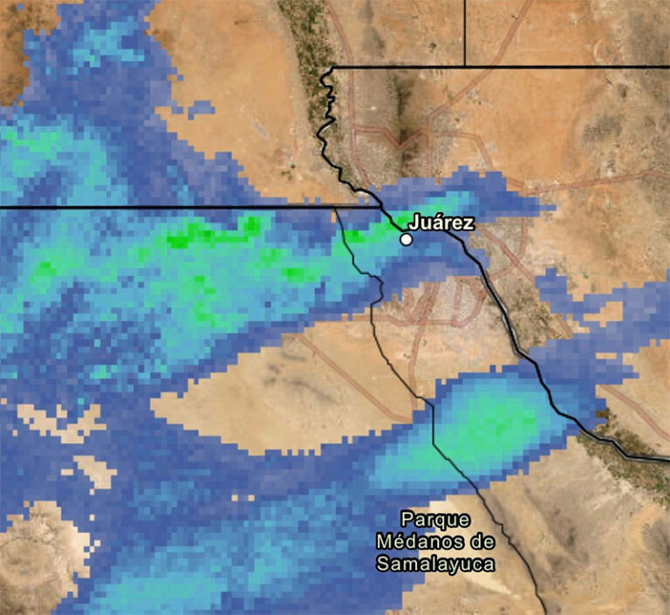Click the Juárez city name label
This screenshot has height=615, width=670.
[441, 223]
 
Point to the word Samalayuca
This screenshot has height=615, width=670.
[435, 564]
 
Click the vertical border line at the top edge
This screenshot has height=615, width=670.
[464, 31]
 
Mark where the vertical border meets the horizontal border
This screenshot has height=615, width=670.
[464, 65]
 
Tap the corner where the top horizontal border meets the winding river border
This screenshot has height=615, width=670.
[332, 66]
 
